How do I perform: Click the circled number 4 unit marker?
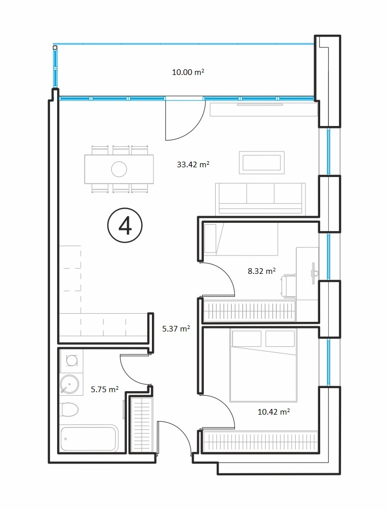[x=125, y=226]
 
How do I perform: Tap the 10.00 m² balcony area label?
[x=188, y=72]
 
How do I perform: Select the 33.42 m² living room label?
[x=193, y=164]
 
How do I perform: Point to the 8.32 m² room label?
[x=262, y=271]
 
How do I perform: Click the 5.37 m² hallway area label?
[x=176, y=328]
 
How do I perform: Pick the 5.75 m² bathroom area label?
[x=105, y=389]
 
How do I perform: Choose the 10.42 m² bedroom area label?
[x=274, y=412]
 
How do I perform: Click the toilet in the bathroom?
[x=69, y=410]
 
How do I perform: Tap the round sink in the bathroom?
[x=69, y=384]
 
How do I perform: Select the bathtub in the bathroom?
[x=89, y=438]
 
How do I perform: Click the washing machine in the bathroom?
[x=71, y=361]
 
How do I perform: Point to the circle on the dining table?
[x=119, y=169]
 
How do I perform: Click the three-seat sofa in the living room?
[x=260, y=199]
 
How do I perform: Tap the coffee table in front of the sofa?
[x=262, y=162]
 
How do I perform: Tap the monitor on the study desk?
[x=313, y=273]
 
